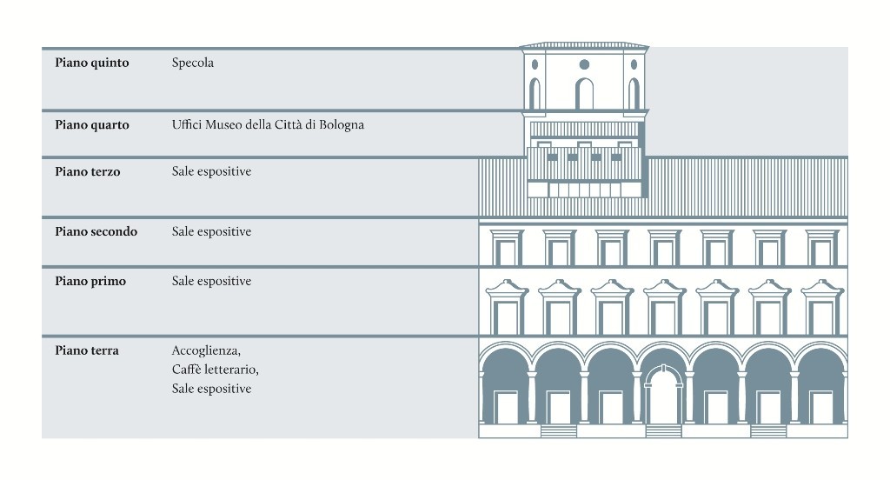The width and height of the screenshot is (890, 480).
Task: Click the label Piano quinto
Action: point(91,63)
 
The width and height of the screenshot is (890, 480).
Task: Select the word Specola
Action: point(192,63)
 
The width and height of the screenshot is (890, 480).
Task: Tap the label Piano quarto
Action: point(91,124)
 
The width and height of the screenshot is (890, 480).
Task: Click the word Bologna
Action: point(341,124)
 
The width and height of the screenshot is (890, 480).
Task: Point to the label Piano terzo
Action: point(87,171)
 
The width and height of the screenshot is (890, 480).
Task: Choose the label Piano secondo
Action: point(96,231)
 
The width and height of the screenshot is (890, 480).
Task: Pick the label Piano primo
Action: point(90,281)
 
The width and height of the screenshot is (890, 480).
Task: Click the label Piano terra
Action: point(87,350)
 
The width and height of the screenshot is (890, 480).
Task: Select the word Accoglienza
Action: point(205,350)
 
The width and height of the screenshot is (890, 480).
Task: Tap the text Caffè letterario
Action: point(215,370)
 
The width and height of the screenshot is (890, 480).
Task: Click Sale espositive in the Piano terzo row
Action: point(211,171)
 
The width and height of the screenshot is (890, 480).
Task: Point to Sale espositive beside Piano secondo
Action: point(211,231)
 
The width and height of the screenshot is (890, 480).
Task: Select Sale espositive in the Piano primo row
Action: point(211,281)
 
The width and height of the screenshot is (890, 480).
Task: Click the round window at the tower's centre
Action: point(584,64)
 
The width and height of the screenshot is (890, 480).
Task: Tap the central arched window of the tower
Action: point(584,93)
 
